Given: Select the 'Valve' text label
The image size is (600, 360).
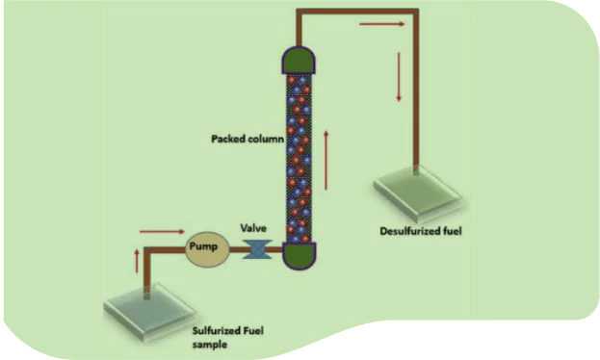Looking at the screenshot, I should tap(252, 228).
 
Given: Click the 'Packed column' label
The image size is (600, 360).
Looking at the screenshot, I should tap(248, 139).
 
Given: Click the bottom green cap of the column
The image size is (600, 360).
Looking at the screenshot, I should tap(299, 254).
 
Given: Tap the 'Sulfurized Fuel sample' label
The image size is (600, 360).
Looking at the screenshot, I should tap(226, 336).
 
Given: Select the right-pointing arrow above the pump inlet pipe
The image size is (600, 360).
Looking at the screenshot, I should tap(160, 231).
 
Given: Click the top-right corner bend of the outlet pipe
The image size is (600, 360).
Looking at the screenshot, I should tap(415, 13).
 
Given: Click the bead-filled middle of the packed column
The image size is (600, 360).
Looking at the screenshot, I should tap(299, 154).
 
